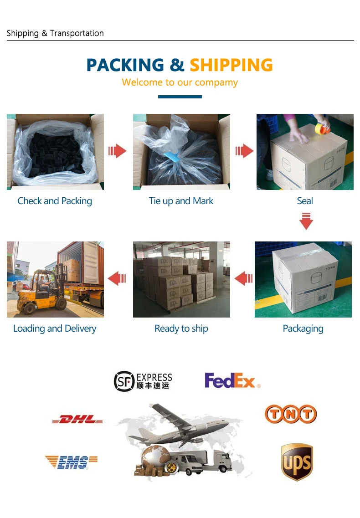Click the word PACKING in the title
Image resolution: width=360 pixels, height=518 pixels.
point(125,65)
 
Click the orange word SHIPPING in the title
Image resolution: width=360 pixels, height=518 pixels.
point(231,65)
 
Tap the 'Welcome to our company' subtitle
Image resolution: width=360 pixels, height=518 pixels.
point(180,82)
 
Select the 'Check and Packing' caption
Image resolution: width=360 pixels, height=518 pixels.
point(55,201)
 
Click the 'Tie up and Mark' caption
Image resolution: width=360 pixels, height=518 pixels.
point(181,201)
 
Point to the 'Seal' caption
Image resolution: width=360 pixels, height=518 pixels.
point(305,201)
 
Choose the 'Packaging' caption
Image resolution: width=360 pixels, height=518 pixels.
point(303,328)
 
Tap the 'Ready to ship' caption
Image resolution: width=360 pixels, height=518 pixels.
point(181,328)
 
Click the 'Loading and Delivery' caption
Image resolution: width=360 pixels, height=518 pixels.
point(55,328)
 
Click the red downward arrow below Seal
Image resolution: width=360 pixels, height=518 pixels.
point(306,222)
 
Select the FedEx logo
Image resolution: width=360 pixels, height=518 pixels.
point(232,380)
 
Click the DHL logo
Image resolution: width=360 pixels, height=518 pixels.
point(77,419)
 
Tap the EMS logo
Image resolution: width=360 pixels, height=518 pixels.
point(72,462)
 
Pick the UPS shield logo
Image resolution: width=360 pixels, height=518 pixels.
point(297,462)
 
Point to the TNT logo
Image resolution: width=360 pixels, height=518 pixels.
point(291,414)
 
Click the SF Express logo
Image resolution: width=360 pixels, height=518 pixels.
point(143,381)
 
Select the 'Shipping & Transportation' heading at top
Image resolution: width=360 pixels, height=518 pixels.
point(55,33)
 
